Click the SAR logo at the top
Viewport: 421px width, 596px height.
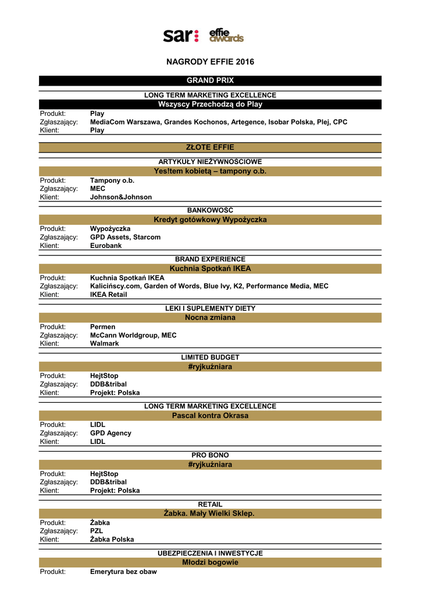click(181, 36)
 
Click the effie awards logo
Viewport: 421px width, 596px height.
click(226, 36)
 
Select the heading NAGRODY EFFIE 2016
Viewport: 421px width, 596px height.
click(210, 62)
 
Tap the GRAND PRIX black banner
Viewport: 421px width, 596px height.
click(210, 80)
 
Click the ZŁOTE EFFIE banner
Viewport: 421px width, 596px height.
click(210, 147)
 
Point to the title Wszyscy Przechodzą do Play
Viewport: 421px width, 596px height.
click(210, 104)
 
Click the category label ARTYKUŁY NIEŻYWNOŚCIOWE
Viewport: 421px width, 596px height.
click(210, 161)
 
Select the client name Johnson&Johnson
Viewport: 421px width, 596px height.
click(121, 197)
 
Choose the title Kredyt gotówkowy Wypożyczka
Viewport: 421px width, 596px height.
click(210, 219)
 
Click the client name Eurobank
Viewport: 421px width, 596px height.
click(106, 246)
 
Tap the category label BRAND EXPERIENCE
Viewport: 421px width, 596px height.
click(210, 259)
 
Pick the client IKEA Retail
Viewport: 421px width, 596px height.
click(108, 295)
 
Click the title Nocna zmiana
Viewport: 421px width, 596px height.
click(210, 317)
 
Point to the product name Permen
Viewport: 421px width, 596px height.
click(103, 327)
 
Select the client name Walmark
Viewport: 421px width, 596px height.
click(105, 343)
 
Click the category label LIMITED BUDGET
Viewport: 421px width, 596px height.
click(210, 357)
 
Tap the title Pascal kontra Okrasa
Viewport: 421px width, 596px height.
click(210, 416)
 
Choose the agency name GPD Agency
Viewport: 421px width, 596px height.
click(110, 433)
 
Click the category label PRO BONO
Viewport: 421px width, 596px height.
click(210, 455)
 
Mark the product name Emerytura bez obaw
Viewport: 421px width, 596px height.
click(123, 572)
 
